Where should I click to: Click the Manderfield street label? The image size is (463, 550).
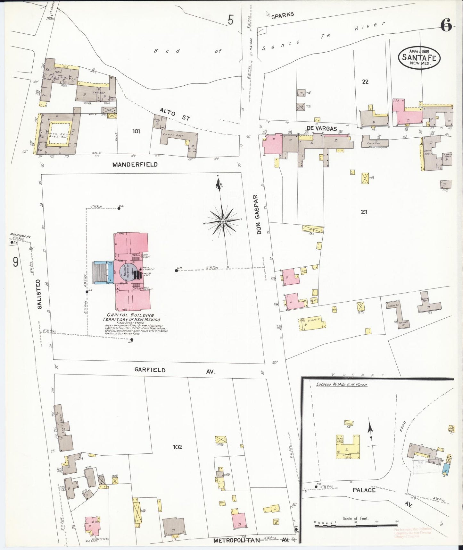click(135, 165)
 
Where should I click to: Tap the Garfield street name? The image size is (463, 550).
click(150, 370)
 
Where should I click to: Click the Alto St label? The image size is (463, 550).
click(175, 114)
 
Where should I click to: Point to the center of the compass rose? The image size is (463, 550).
click(222, 222)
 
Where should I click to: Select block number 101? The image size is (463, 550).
click(136, 131)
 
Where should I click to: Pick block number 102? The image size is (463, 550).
click(177, 447)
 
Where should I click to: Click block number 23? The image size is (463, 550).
click(364, 212)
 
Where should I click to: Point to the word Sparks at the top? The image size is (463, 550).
click(283, 15)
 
